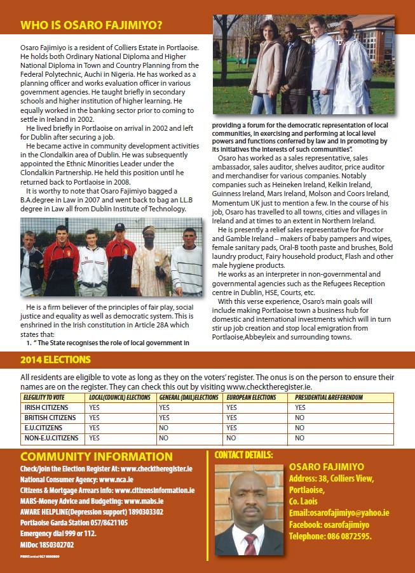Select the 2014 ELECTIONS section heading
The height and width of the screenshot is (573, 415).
[55, 360]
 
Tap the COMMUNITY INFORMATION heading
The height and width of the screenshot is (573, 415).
[97, 457]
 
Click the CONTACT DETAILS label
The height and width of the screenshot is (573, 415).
[244, 454]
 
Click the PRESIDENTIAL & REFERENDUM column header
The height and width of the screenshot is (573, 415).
[329, 398]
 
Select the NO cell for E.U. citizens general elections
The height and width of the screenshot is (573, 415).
[164, 428]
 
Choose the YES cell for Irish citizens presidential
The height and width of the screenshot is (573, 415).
[300, 408]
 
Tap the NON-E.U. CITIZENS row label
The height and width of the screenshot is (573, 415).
[51, 438]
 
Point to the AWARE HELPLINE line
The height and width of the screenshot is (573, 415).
[92, 512]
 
